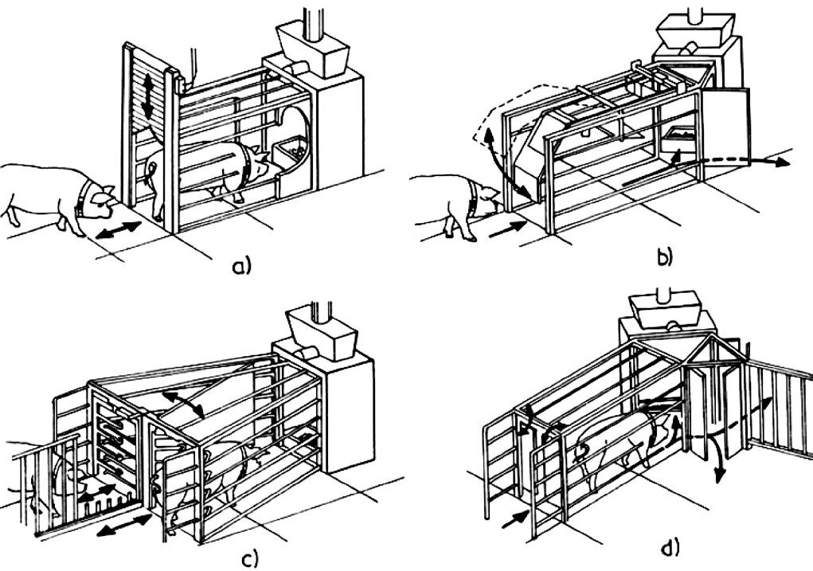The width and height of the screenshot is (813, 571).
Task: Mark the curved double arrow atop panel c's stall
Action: coord(182,403)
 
